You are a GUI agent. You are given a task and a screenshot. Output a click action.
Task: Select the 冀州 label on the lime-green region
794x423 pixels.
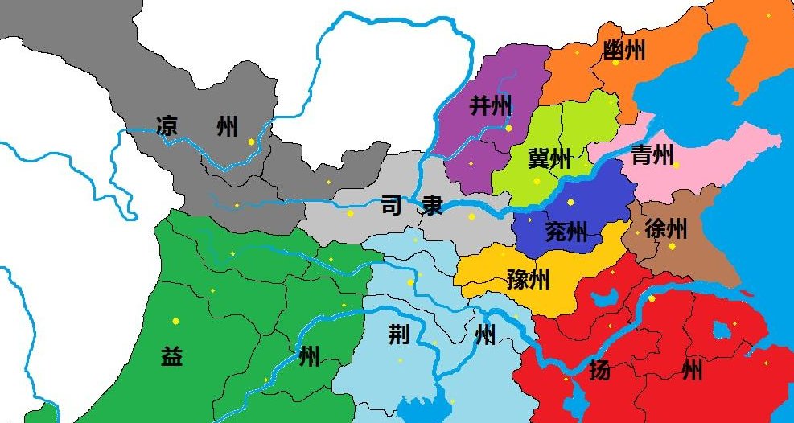549,158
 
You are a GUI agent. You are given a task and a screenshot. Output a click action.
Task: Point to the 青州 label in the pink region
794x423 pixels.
652,154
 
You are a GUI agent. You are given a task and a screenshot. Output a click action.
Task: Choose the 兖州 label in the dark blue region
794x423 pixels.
566,232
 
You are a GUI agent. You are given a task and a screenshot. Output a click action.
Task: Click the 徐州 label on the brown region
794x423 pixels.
666,229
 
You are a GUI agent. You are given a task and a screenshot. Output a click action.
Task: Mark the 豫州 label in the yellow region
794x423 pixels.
529,279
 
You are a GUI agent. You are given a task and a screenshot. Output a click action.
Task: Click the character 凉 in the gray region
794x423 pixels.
167,126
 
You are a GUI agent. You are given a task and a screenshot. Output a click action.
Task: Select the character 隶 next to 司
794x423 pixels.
432,206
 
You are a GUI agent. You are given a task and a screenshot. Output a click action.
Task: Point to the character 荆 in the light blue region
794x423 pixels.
400,335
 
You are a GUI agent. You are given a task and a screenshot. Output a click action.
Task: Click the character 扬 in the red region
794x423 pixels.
599,371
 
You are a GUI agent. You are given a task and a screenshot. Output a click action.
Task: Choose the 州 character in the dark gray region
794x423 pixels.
228,126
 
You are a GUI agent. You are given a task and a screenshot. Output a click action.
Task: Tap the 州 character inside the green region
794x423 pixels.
309,356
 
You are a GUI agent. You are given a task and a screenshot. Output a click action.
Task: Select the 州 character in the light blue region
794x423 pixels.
485,335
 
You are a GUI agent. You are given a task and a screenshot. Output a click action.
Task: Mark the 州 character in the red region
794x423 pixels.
691,371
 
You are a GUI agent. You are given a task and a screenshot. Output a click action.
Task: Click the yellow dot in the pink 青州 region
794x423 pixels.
676,165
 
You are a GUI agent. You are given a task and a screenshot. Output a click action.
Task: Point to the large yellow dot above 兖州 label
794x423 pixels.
571,202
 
